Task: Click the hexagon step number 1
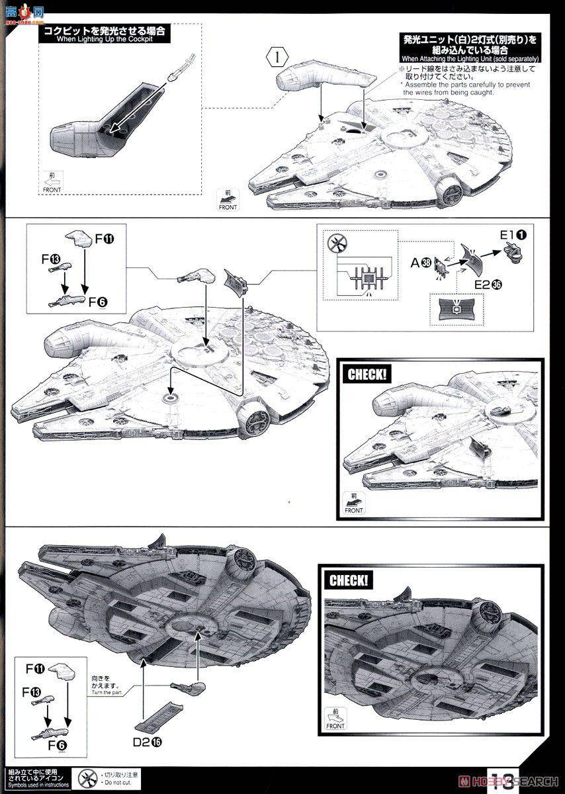coord(279,56)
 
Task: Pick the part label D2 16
coord(147,742)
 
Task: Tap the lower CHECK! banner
coord(349,581)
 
